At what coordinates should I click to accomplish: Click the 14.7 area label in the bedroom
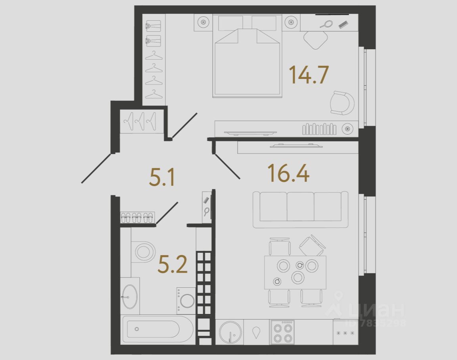309,75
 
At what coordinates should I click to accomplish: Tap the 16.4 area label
288,173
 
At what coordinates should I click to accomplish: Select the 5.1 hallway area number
162,178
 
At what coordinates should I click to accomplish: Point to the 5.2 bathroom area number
172,265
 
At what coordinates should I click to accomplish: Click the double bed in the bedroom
247,60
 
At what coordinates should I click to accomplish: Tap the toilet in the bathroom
144,251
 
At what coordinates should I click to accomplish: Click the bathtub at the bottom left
157,329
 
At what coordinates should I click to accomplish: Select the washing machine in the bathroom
186,300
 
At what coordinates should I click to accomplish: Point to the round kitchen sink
230,332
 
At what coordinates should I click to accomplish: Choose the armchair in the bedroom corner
342,103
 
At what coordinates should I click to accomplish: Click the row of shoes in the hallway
137,217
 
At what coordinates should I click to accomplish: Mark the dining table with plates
295,272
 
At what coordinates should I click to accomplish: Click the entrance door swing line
96,168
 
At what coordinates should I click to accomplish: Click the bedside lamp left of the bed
204,22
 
